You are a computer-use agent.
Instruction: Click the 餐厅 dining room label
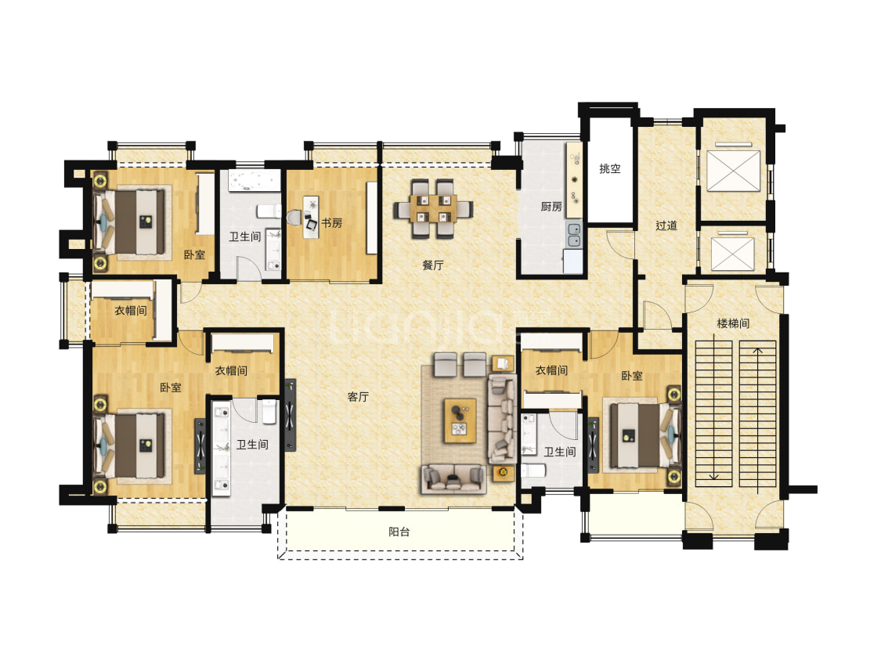pos(432,265)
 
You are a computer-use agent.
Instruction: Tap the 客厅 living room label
pos(358,397)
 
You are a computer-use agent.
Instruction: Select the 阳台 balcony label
pos(399,532)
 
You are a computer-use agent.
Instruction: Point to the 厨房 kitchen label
pos(551,207)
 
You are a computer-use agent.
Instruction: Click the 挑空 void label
pos(609,168)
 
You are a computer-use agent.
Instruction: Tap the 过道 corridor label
pos(666,225)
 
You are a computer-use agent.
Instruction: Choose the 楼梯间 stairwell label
pos(733,323)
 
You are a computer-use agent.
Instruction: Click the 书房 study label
pos(331,223)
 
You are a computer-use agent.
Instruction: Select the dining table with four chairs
pos(432,208)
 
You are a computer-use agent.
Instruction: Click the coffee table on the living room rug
pos(460,420)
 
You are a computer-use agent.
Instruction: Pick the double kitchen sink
pos(574,235)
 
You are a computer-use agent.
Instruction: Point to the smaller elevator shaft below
pos(733,254)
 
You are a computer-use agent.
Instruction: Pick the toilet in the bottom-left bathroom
pos(269,412)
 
